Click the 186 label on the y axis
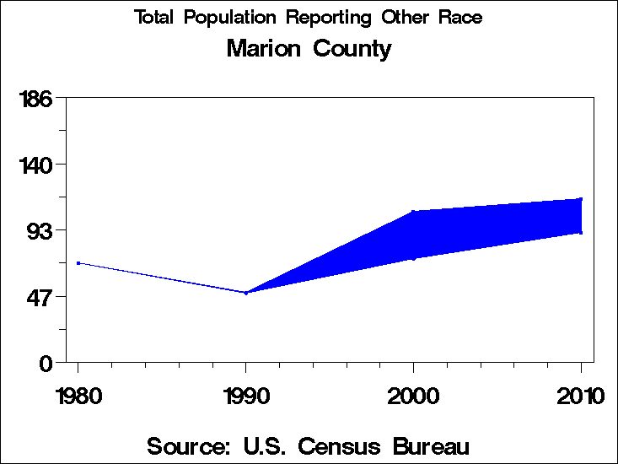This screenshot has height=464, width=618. coord(36,99)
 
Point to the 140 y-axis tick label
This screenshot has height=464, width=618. coord(36,164)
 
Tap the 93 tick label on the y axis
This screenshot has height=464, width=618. coord(41,230)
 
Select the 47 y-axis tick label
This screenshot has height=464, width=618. coord(41,296)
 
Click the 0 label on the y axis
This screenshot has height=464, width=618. coord(47,363)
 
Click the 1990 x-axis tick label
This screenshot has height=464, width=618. coord(245,396)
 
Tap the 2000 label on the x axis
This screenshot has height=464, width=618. coord(413,396)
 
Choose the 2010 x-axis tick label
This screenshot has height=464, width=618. coord(580,396)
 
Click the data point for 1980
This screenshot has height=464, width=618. coord(78,263)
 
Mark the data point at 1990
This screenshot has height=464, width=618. coord(245,293)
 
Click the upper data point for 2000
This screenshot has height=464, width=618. coord(413,212)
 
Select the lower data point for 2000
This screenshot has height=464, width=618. coord(413,258)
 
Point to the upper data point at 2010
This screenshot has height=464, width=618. coord(580,199)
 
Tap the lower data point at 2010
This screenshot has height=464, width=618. coord(580,232)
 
